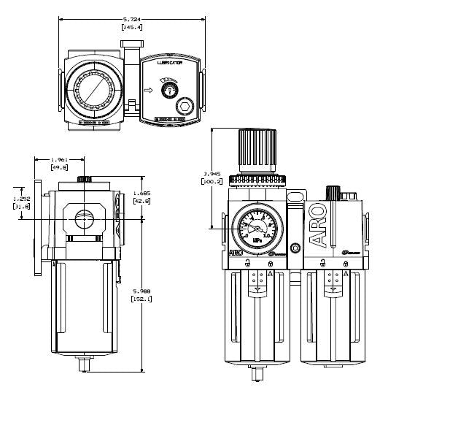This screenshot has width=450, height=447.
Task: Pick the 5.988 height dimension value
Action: pos(141,291)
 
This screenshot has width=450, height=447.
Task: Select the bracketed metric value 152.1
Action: pos(141,299)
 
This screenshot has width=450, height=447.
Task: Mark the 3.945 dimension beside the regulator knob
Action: pos(211,174)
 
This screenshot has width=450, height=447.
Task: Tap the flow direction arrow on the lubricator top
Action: pos(150,91)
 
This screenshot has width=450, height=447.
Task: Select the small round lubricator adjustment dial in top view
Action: pos(170,90)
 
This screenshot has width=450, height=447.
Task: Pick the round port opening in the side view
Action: pos(85,218)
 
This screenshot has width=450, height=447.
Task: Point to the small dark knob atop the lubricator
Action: pos(333,193)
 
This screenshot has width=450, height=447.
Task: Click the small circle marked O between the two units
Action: pos(295,248)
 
